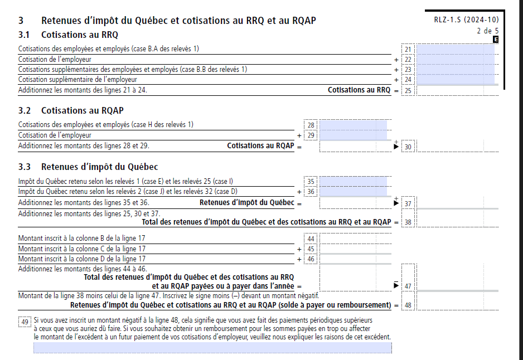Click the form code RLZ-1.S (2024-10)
coord(466,20)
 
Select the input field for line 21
coord(455,50)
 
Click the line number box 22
coord(408,60)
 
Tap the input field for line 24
coord(455,80)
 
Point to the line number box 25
coord(408,90)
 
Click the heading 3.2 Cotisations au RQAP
coord(71,110)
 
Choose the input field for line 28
coord(353,125)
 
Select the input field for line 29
coord(353,135)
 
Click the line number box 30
coord(408,147)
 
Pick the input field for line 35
coord(353,181)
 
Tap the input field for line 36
coord(353,192)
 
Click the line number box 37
coord(408,203)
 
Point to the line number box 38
coord(408,222)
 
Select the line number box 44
coord(311,239)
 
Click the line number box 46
coord(311,259)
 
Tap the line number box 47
coord(408,286)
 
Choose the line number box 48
coord(408,305)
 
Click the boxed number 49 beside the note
coord(25,322)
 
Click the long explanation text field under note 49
coord(212,348)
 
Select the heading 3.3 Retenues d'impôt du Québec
coord(88,167)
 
